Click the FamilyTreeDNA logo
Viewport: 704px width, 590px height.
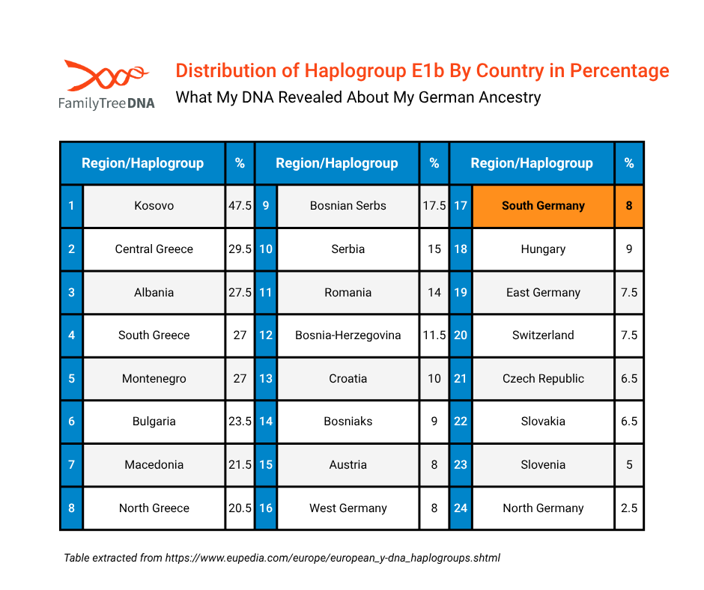[x=106, y=84]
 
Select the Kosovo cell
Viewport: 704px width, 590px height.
[x=154, y=206]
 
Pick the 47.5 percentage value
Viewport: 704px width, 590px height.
[x=240, y=206]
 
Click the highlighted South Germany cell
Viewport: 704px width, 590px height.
[x=543, y=206]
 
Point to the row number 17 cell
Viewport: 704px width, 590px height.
[x=461, y=206]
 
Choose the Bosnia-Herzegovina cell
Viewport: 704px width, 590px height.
[x=348, y=335]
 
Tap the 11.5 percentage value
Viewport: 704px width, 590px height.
[x=434, y=335]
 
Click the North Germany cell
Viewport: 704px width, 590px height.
[x=543, y=508]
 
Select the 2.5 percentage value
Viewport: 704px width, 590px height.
[x=629, y=508]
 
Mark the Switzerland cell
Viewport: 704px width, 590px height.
[x=543, y=335]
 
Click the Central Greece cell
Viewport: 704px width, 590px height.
[x=154, y=249]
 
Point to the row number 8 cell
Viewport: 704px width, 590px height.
[x=71, y=508]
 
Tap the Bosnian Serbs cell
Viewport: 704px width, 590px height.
[x=348, y=206]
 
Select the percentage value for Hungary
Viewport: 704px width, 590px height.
[x=629, y=249]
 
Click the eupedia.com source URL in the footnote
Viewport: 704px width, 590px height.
[x=333, y=558]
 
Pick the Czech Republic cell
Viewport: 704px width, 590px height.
[x=543, y=379]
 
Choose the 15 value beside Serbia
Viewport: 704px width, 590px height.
[x=434, y=249]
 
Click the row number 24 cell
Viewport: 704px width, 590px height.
[x=461, y=508]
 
